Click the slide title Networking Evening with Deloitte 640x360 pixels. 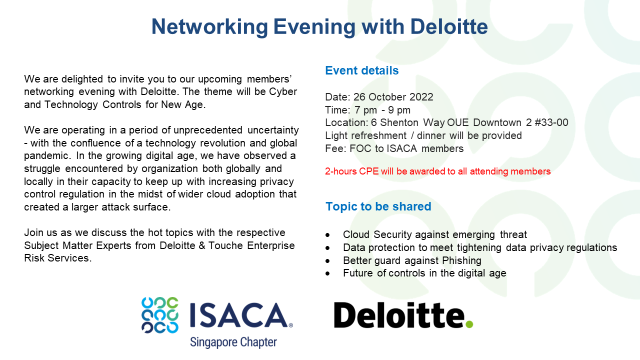coord(319,26)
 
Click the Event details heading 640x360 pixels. coord(361,70)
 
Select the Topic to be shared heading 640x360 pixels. coord(378,206)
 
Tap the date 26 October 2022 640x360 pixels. coord(393,97)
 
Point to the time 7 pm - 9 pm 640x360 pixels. coord(382,110)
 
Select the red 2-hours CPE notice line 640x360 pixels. coord(437,171)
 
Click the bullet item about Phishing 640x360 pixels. coord(412,260)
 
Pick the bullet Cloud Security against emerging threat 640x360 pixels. coord(434,234)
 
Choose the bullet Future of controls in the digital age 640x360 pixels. coord(424,273)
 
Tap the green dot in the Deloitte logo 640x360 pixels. coord(468,324)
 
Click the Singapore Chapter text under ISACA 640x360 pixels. coord(233,342)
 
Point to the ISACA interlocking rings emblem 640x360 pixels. coord(159,315)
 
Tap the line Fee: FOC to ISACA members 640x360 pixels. coord(394,148)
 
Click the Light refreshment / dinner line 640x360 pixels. coord(423,135)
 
